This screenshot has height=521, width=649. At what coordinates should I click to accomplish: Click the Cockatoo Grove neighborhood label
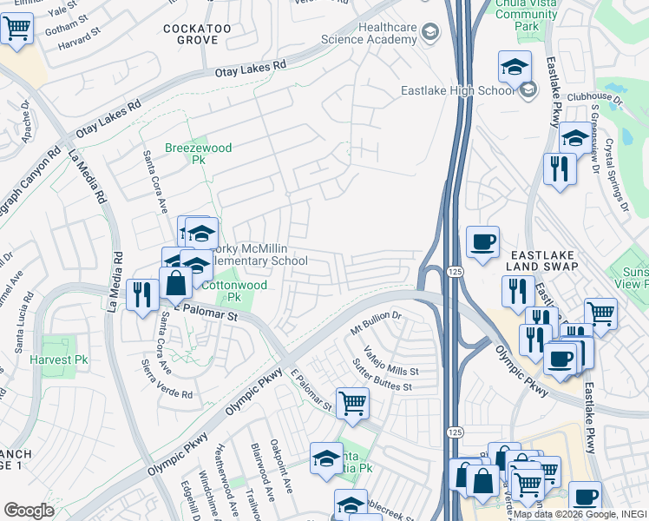tap(195, 35)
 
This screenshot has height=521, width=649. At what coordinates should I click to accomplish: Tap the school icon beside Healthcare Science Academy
tap(429, 33)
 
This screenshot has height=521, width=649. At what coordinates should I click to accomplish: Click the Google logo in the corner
tap(29, 511)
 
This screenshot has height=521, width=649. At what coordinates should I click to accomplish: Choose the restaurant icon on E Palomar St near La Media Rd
tap(140, 294)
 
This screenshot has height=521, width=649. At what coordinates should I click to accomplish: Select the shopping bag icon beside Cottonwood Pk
tap(175, 284)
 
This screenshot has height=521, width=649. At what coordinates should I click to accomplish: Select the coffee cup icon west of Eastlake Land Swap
tap(482, 242)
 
